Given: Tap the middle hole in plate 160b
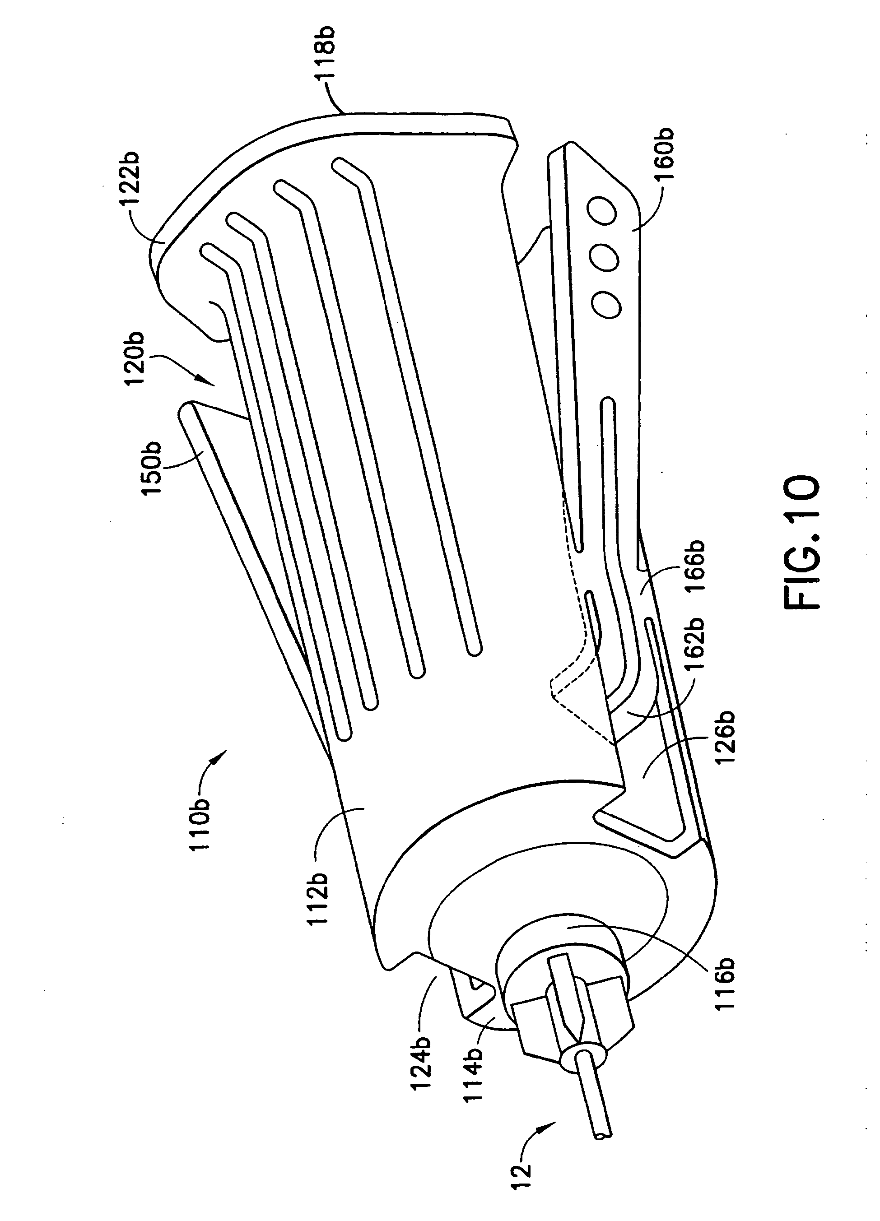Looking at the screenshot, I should pyautogui.click(x=604, y=257).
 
